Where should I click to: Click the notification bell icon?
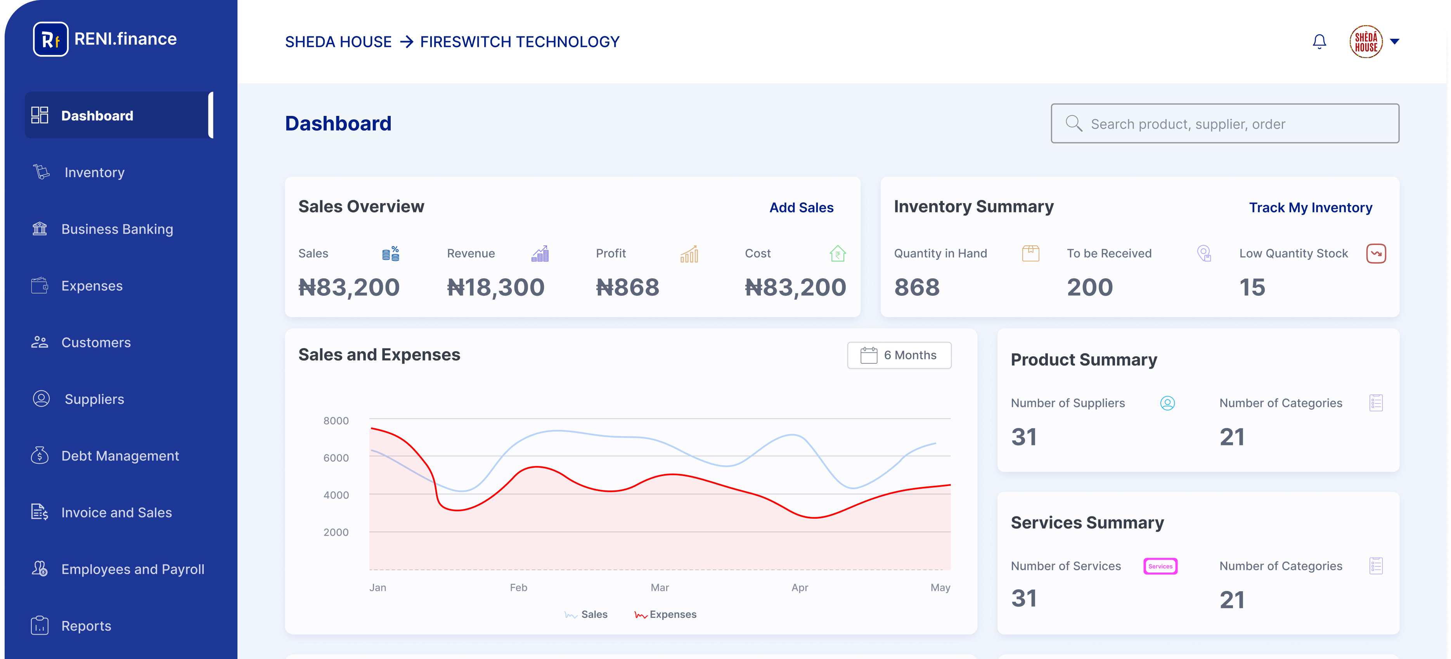point(1319,41)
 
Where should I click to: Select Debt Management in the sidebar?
point(119,456)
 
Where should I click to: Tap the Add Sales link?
point(801,208)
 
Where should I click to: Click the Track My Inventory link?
point(1310,208)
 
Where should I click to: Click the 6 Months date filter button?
point(899,355)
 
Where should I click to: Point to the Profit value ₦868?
point(627,288)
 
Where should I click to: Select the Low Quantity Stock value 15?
point(1252,288)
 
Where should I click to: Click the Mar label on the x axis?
point(660,588)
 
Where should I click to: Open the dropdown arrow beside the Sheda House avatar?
point(1395,41)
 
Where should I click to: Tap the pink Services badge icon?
point(1160,566)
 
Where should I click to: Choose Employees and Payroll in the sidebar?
point(132,569)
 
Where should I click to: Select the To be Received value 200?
point(1089,288)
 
